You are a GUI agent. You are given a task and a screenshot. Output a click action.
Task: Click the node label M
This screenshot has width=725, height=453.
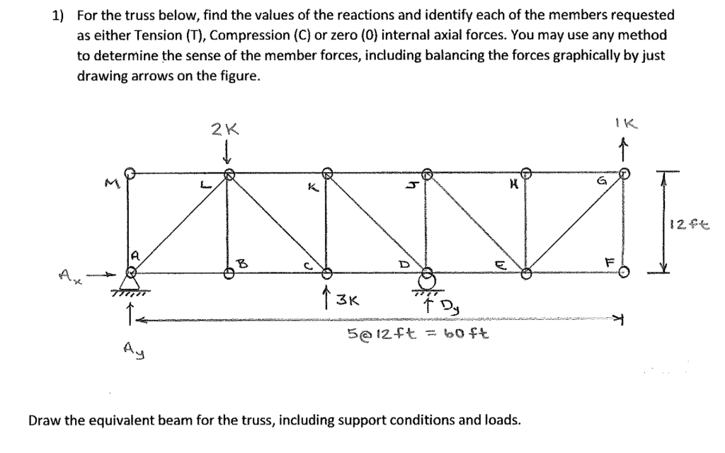tap(109, 185)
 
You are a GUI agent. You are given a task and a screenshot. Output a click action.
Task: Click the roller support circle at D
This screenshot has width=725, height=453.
tap(427, 278)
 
